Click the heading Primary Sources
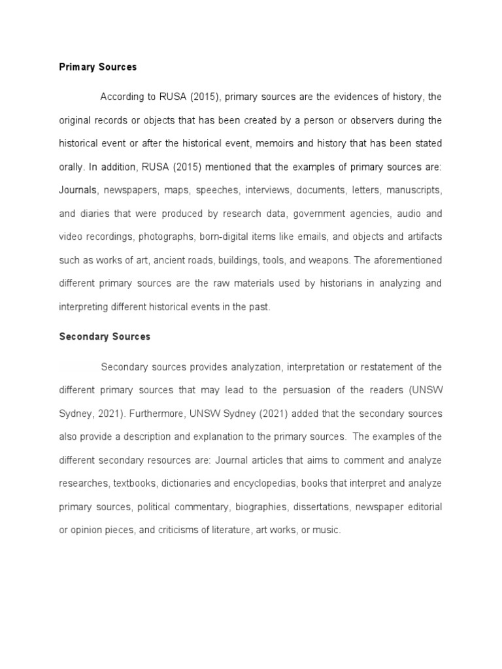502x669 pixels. [x=98, y=67]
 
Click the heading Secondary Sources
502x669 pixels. [x=105, y=336]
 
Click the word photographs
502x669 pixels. [x=177, y=237]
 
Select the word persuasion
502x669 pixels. [x=309, y=390]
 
